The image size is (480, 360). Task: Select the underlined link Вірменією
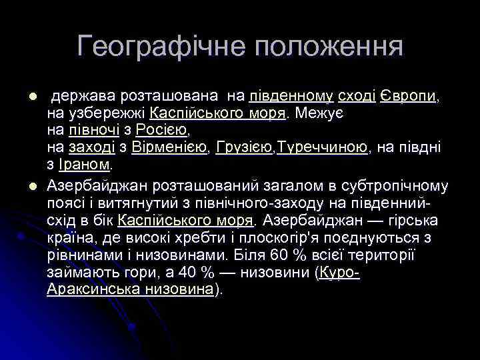tap(171, 147)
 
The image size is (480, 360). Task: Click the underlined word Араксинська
tap(93, 289)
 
